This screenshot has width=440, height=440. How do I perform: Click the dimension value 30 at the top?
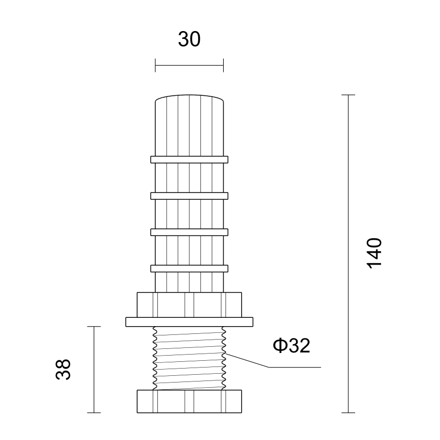click(189, 39)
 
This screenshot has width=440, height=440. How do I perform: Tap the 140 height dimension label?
click(374, 254)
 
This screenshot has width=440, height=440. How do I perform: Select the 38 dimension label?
click(63, 369)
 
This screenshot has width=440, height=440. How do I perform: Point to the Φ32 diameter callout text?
click(291, 345)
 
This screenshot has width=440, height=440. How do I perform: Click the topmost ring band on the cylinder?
click(189, 159)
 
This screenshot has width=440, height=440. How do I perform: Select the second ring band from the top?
click(189, 196)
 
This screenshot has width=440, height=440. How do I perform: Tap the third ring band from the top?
click(189, 232)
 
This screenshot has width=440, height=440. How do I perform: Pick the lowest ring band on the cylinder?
click(189, 269)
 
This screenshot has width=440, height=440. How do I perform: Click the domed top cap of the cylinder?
click(189, 98)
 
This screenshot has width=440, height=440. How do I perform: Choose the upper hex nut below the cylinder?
click(189, 305)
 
